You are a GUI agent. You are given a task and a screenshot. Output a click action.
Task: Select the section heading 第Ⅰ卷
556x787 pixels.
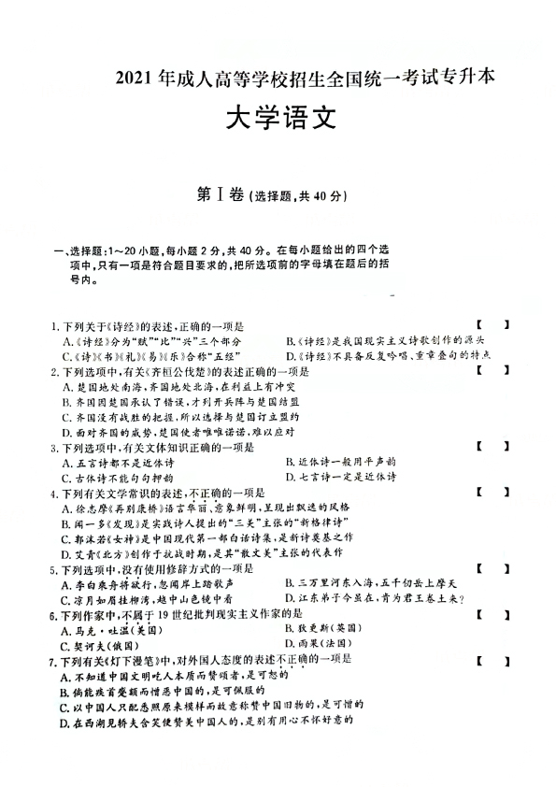[x=220, y=195]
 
